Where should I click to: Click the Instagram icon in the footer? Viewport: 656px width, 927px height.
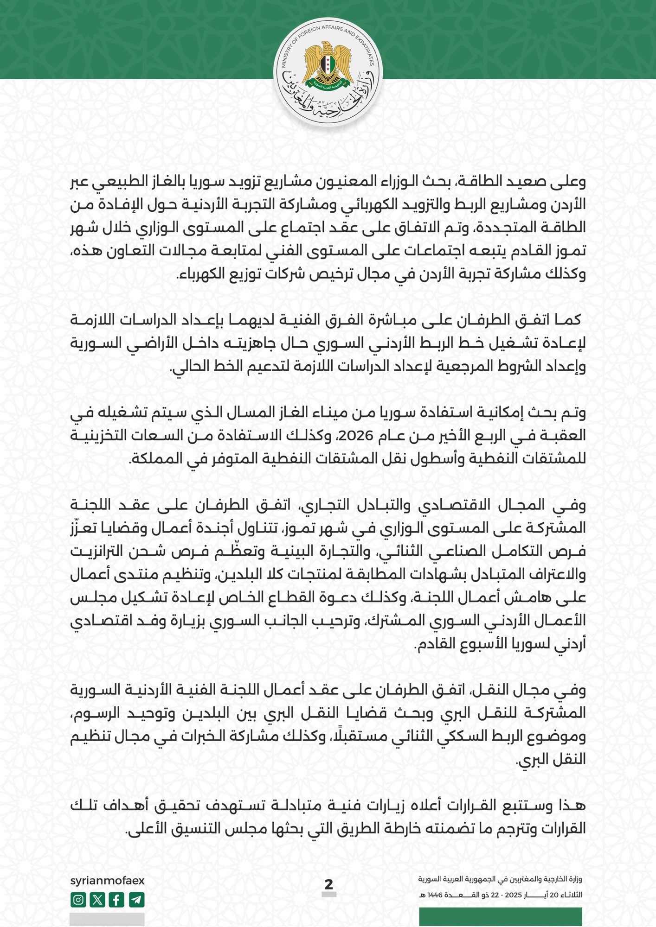pos(79,900)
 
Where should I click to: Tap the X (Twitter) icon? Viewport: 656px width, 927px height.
pos(97,900)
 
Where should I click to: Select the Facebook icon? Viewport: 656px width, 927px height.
pos(116,900)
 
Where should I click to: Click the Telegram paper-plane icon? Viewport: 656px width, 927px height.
pos(136,900)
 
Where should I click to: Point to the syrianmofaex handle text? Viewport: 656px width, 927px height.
pos(107,881)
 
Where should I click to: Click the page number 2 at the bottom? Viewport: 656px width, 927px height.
pos(329,884)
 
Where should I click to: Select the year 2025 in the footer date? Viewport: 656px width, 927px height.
pos(513,895)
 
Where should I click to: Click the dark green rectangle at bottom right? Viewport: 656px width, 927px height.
pos(500,917)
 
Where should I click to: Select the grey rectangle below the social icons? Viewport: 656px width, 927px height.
pos(107,920)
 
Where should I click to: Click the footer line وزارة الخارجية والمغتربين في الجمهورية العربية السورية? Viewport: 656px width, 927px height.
pos(500,879)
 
